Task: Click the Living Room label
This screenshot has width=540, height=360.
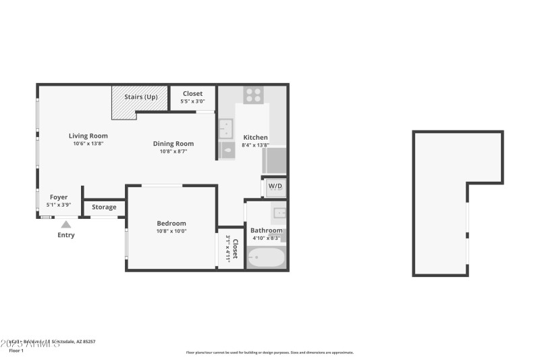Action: point(88,136)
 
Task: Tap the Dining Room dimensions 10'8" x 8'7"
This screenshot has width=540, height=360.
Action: point(173,151)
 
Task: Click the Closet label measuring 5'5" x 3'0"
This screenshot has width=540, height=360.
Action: point(192,94)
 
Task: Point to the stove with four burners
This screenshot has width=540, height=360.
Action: point(253,95)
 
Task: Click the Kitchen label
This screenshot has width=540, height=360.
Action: point(256,137)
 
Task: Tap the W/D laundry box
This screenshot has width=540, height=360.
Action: point(275,186)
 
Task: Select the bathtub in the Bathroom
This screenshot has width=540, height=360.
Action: point(266,258)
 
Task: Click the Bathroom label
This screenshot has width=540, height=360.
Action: point(266,230)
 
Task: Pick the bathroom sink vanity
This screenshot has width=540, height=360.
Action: point(279,215)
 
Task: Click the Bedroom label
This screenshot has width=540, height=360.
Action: point(171,224)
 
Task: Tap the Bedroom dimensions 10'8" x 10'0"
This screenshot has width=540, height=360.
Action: point(171,231)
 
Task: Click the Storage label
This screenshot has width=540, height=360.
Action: point(104,207)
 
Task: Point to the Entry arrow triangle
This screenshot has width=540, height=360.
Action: point(65,224)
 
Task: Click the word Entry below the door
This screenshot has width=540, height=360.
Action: point(65,235)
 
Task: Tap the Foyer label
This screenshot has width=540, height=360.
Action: point(59,197)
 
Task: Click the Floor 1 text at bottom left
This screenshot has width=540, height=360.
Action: point(16,351)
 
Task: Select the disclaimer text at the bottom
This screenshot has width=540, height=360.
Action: point(269,352)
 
